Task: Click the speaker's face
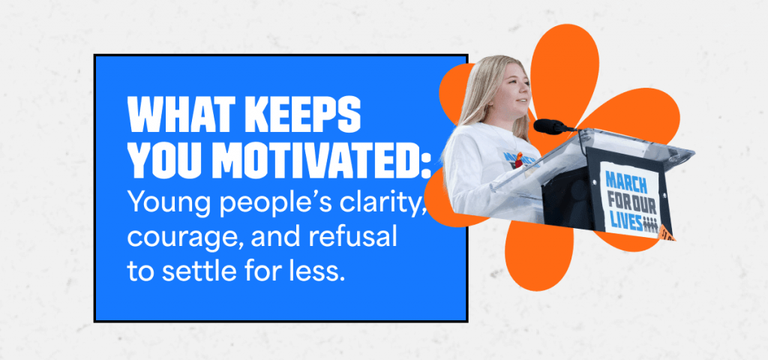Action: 516,93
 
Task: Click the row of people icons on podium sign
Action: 649,223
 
